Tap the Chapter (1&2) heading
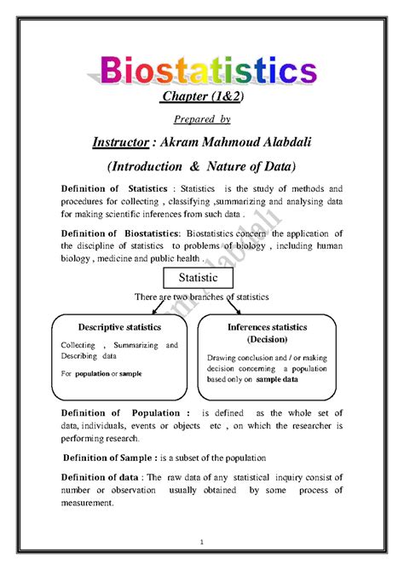(x=201, y=97)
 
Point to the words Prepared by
(x=201, y=120)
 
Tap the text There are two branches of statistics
(x=201, y=297)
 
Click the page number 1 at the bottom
(x=202, y=542)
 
